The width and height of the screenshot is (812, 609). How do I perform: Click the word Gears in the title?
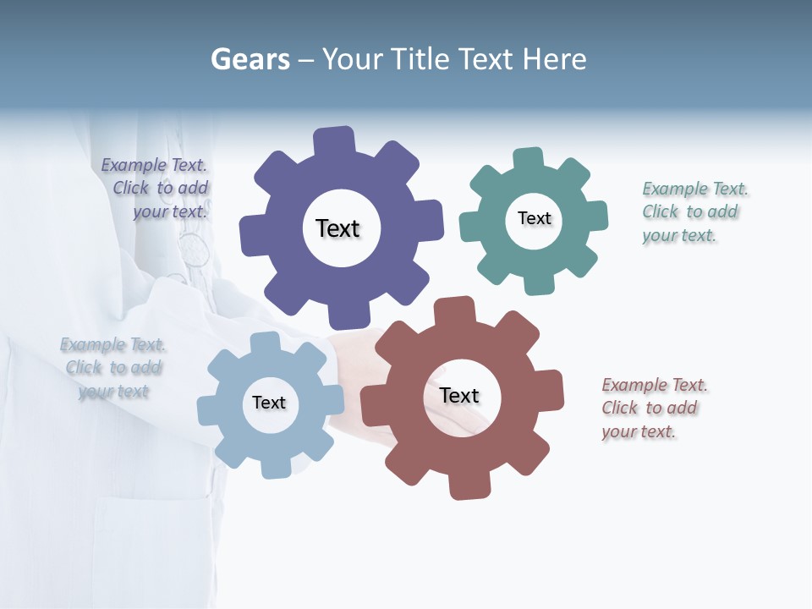pos(250,59)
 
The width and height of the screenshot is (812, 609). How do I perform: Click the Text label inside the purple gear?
pos(337,228)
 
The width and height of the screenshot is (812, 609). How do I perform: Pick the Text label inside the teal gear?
pos(534,218)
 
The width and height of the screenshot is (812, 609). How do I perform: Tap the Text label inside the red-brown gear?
pos(459,396)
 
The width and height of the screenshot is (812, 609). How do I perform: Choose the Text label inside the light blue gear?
pos(269,403)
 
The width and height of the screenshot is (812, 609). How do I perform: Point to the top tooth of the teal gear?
pos(528,159)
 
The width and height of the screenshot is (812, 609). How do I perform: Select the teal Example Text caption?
pos(695,211)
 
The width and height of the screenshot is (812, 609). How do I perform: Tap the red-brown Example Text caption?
pos(653,408)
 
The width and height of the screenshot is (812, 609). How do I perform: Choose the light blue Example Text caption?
pos(113,367)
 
